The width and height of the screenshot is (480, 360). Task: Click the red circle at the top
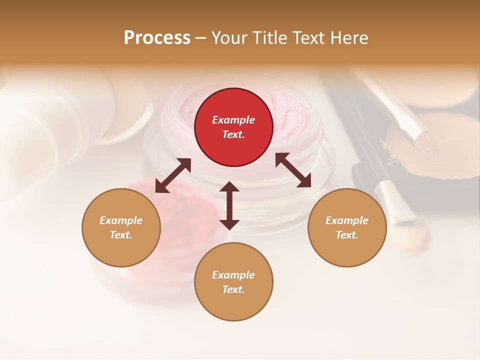tap(233, 127)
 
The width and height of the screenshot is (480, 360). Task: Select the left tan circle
tap(121, 227)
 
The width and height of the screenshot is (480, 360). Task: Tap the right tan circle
tap(347, 227)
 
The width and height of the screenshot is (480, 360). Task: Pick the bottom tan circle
tap(233, 282)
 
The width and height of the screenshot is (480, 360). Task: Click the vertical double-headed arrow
tap(229, 205)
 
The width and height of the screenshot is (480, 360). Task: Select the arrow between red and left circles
tap(173, 175)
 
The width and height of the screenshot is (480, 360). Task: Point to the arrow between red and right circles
tap(293, 170)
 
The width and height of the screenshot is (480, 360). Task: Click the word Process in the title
tap(157, 38)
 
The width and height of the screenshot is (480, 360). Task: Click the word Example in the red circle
tap(233, 120)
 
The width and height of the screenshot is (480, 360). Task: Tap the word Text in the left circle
tap(120, 235)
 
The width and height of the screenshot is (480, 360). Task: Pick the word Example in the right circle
tap(347, 220)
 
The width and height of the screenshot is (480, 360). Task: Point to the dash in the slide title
tap(201, 38)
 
